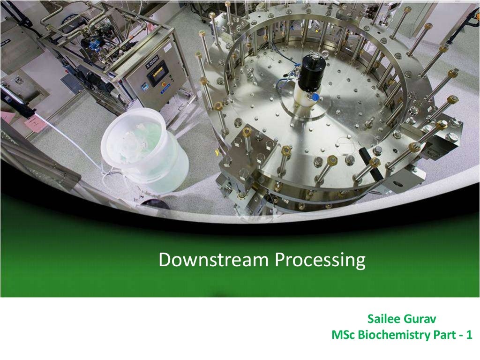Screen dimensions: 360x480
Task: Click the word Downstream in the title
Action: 214,259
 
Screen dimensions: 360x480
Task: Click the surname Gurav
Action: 423,319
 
